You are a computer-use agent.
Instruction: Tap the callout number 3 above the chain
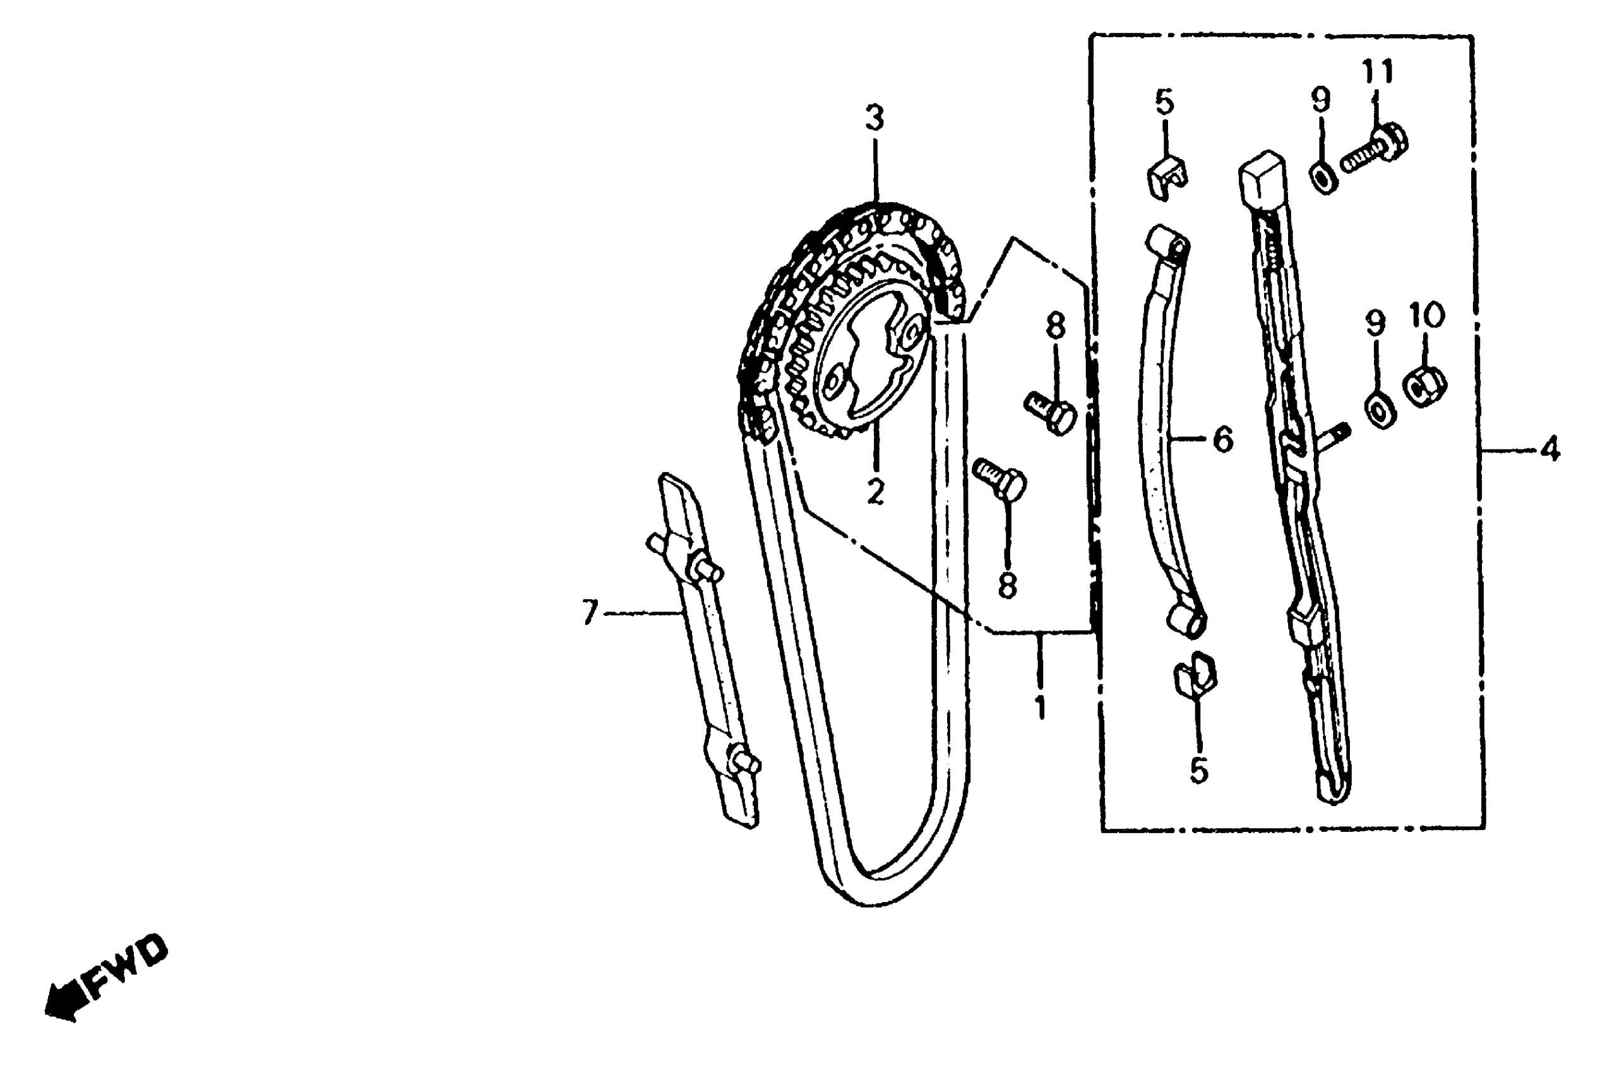click(x=874, y=119)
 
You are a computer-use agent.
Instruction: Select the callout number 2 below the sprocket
click(x=875, y=491)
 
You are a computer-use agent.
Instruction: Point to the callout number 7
click(x=590, y=612)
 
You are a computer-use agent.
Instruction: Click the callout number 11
click(x=1376, y=71)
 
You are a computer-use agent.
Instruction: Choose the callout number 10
click(x=1426, y=316)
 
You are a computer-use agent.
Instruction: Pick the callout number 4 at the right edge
click(x=1550, y=449)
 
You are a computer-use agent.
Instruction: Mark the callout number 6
click(x=1222, y=439)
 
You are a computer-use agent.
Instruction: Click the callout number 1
click(x=1040, y=708)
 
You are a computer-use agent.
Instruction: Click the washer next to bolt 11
click(x=1325, y=177)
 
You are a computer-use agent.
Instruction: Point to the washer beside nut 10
click(x=1379, y=411)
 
